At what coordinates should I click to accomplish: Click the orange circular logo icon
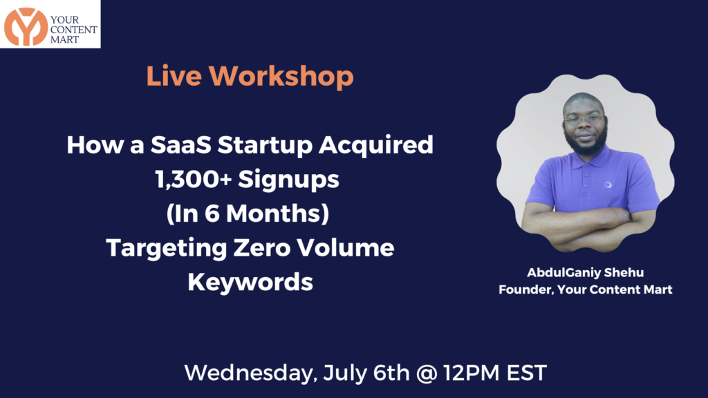26,27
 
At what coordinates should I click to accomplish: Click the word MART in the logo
64,39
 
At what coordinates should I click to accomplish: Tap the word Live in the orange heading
174,76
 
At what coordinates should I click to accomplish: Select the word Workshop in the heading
281,76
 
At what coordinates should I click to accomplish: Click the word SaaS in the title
180,145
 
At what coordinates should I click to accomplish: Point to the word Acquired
375,146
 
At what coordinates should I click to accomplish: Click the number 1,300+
194,179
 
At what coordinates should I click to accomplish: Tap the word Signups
288,180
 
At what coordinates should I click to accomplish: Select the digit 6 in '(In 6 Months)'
212,214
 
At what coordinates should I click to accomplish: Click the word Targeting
167,249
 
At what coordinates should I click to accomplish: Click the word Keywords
250,283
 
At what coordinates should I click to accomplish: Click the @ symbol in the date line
426,374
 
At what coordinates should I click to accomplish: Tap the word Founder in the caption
526,290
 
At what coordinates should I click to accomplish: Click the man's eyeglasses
584,120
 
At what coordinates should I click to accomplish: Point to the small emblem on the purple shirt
608,184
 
